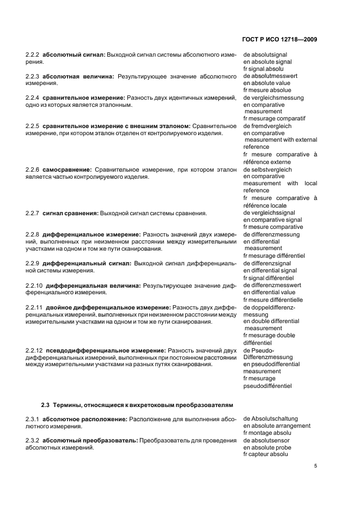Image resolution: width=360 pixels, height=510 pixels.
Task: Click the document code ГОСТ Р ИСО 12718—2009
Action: coord(279,40)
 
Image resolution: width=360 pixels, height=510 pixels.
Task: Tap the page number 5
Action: coord(315,466)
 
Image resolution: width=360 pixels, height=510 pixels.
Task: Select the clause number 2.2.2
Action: coord(33,55)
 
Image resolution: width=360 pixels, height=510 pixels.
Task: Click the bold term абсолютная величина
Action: coord(78,76)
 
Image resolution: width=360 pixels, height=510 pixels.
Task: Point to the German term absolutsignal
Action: coord(269,55)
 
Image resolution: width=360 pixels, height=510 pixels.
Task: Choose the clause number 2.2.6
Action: coord(33,169)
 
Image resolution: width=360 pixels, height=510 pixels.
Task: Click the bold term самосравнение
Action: coord(67,169)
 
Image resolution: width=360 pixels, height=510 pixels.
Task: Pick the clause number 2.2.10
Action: coord(34,285)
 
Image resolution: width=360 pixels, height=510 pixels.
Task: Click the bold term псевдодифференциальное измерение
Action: coord(105,350)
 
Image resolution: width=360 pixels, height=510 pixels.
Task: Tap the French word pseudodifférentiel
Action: coord(267,386)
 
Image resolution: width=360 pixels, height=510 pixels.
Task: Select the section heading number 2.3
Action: coord(46,405)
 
